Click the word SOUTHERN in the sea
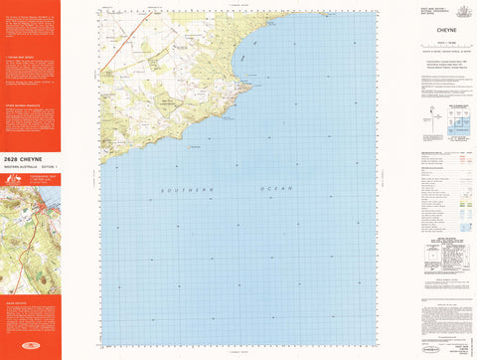187,187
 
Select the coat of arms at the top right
461,12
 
